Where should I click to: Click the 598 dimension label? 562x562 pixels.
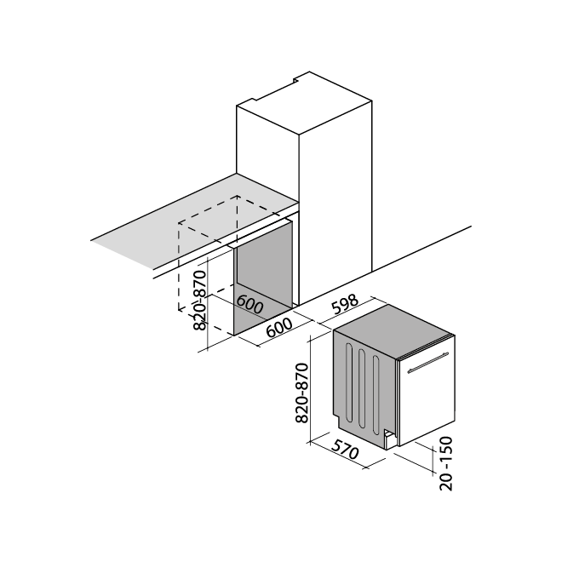click(x=345, y=305)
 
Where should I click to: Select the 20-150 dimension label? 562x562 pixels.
click(x=446, y=463)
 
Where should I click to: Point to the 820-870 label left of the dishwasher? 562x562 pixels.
click(x=301, y=393)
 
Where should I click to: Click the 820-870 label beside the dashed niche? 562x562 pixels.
click(x=199, y=301)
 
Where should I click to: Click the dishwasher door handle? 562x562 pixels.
click(x=428, y=363)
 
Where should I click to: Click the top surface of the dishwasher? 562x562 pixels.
click(x=393, y=331)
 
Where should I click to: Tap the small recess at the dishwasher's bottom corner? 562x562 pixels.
click(x=389, y=439)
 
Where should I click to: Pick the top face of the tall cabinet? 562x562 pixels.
click(x=304, y=103)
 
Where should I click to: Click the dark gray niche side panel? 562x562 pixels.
click(x=263, y=277)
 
